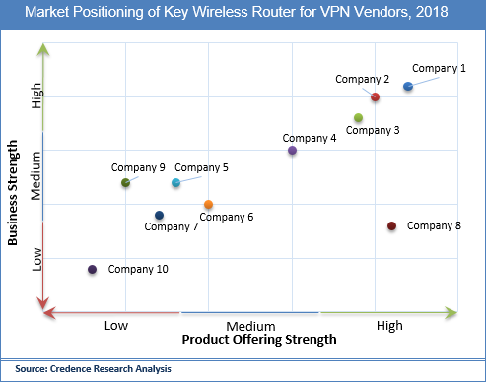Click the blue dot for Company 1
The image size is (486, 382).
(408, 87)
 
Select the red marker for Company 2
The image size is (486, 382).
(375, 96)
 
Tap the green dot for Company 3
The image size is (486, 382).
(358, 118)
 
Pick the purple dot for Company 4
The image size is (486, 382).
(292, 151)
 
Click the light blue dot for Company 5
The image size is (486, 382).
(176, 183)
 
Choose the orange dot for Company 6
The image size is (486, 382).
(208, 205)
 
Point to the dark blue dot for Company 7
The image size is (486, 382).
(159, 216)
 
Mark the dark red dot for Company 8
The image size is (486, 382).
(391, 226)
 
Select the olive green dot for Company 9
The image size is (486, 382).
(125, 183)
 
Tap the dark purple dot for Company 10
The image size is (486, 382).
(93, 269)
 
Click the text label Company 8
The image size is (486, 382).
(434, 226)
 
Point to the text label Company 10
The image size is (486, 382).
(138, 269)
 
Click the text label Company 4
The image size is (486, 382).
(310, 138)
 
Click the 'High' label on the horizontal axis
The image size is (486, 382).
(388, 326)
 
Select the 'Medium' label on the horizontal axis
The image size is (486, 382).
(250, 326)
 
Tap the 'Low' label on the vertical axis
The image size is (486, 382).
(37, 258)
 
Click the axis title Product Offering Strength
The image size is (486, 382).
(259, 340)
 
